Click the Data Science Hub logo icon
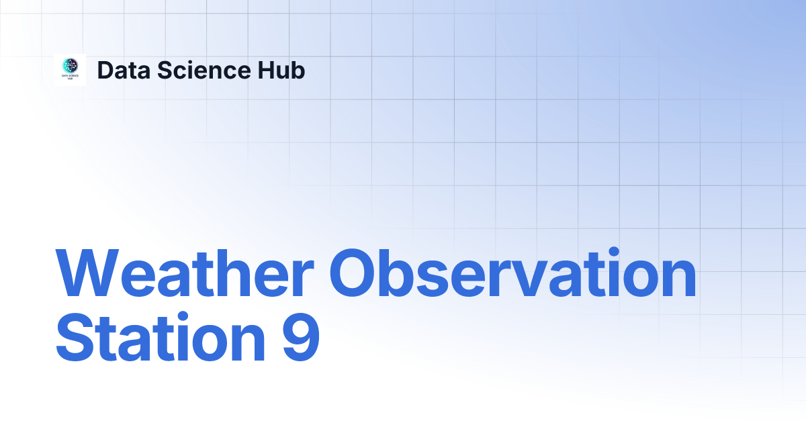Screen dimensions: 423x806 pos(70,70)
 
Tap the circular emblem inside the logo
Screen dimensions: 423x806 pos(70,66)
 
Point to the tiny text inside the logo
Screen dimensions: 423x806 pos(70,78)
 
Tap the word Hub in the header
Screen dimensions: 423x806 pos(283,70)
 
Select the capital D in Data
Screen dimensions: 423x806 pos(105,70)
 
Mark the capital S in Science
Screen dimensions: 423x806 pos(165,70)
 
